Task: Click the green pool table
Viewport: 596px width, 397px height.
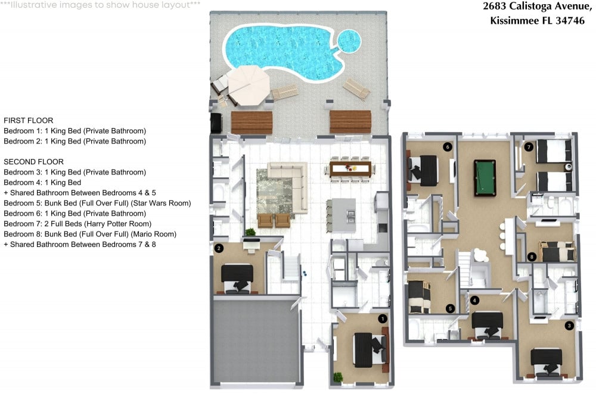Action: [x=485, y=178]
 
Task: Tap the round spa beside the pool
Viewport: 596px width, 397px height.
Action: [x=349, y=40]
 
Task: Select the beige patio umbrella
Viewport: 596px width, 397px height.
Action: [x=249, y=85]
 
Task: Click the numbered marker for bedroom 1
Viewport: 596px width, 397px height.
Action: [x=383, y=319]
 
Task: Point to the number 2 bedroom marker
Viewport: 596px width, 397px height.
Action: [x=219, y=248]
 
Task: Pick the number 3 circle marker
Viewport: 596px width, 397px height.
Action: [x=569, y=325]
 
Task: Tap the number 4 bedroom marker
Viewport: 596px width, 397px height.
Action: [x=474, y=300]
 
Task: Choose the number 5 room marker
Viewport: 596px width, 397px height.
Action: [x=450, y=308]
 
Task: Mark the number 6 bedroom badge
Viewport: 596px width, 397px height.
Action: [x=448, y=147]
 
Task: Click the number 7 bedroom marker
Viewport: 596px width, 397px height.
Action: [x=528, y=147]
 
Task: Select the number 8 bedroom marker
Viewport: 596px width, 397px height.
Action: [x=532, y=257]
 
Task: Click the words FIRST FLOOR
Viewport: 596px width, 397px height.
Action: [x=29, y=120]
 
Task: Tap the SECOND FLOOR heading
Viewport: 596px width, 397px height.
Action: [x=33, y=162]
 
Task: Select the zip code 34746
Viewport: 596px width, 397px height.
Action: [x=570, y=20]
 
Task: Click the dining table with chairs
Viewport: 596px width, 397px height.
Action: [x=350, y=169]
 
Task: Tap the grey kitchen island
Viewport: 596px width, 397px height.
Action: [x=343, y=215]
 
